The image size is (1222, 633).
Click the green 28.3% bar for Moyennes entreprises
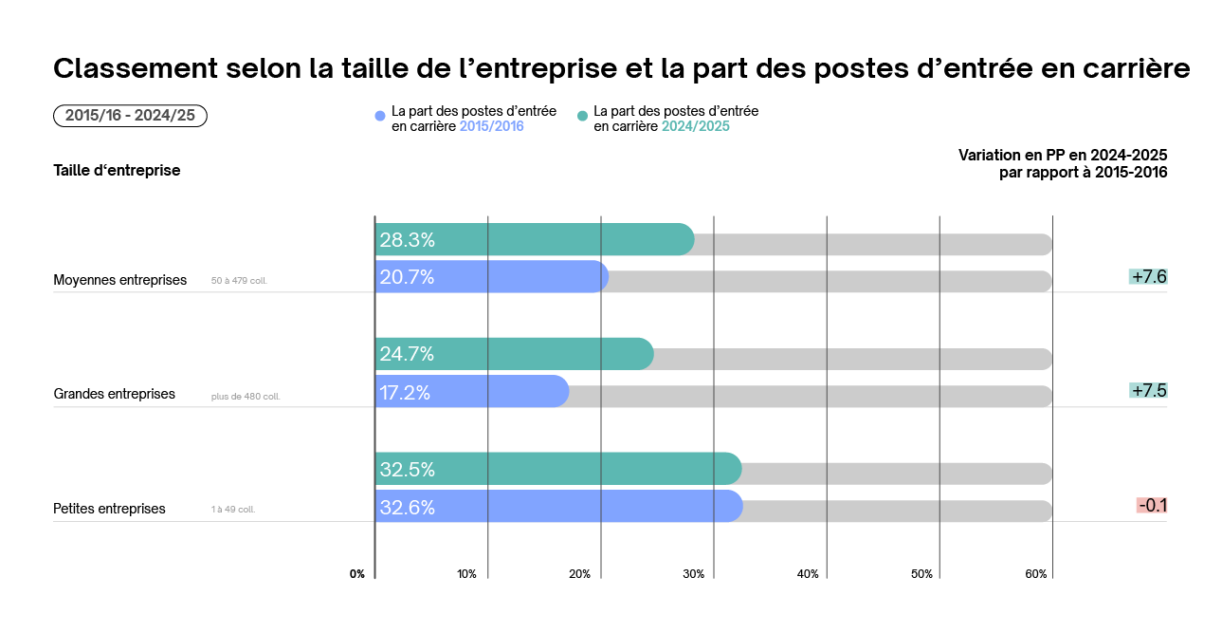coord(534,239)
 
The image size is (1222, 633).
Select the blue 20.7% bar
coord(491,277)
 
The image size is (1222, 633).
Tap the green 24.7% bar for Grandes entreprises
coord(514,354)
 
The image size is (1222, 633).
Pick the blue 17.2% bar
coord(472,391)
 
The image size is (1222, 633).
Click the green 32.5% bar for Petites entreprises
coord(557,469)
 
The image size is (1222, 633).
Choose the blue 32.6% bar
coord(558,507)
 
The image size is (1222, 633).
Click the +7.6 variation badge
coord(1148,277)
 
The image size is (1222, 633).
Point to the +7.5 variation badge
coord(1148,391)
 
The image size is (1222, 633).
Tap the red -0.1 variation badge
coord(1152,506)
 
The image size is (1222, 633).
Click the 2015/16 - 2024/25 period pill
coord(130,116)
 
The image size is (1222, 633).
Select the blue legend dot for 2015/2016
coord(380,116)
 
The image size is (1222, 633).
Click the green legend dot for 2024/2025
coord(582,116)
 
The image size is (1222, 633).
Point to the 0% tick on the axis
coord(357,574)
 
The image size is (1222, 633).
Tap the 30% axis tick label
coord(694,574)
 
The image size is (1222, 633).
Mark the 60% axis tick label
coord(1035,574)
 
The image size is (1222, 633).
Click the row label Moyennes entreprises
coord(120,280)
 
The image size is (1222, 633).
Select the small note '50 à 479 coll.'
coord(239,281)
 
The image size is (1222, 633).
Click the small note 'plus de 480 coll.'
coord(246,396)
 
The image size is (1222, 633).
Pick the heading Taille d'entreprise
coord(117,171)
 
